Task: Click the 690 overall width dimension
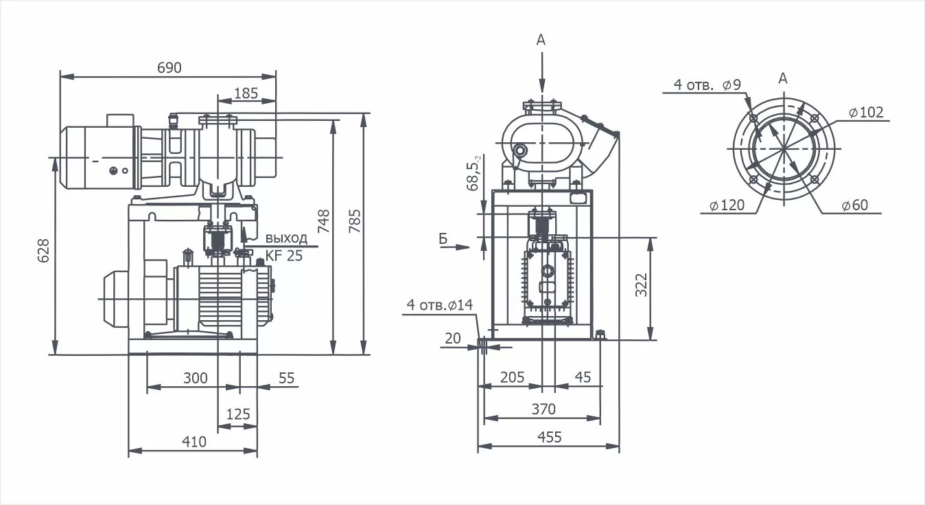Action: coord(169,67)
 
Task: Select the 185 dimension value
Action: coord(246,93)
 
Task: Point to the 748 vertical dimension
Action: coord(324,221)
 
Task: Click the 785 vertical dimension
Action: coord(354,221)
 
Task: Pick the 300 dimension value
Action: coord(195,378)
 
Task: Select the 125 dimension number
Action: coord(237,414)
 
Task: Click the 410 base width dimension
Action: coord(194,442)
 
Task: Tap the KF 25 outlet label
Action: coord(283,256)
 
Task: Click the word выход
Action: coord(285,238)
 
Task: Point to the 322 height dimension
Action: coord(641,285)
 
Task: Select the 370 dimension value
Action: coord(543,409)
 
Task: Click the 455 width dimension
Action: coord(549,437)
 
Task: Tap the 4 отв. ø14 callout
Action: coord(440,304)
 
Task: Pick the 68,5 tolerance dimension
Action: coord(474,172)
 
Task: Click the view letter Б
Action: coord(443,238)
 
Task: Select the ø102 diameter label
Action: coord(865,112)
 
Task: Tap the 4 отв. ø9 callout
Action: coord(707,85)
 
